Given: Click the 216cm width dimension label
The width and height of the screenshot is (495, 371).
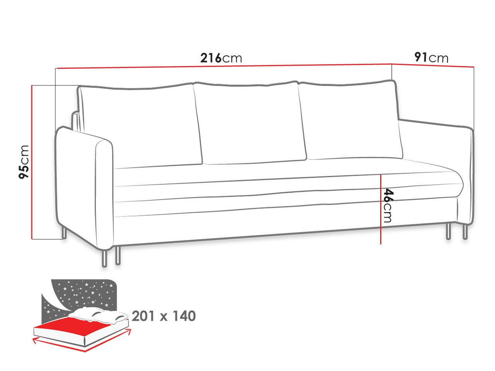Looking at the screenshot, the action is click(x=221, y=58).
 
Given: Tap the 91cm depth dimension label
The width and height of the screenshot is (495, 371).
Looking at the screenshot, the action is click(x=431, y=58).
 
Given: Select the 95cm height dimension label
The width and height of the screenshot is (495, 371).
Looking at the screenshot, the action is click(x=24, y=162).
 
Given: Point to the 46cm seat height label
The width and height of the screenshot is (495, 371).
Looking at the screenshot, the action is click(x=388, y=206).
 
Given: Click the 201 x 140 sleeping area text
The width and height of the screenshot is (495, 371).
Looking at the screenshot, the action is click(x=164, y=316).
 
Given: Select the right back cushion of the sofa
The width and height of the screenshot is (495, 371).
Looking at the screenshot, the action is click(x=351, y=120).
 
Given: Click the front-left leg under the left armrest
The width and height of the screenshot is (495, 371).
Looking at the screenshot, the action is click(x=104, y=258).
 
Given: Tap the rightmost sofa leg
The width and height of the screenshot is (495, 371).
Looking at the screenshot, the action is click(x=465, y=231).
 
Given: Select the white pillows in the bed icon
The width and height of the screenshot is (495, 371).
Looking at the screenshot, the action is click(x=99, y=315).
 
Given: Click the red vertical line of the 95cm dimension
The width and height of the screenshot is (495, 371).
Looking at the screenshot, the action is click(x=32, y=162).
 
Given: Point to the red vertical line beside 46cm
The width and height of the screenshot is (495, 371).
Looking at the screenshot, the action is click(x=381, y=209).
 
